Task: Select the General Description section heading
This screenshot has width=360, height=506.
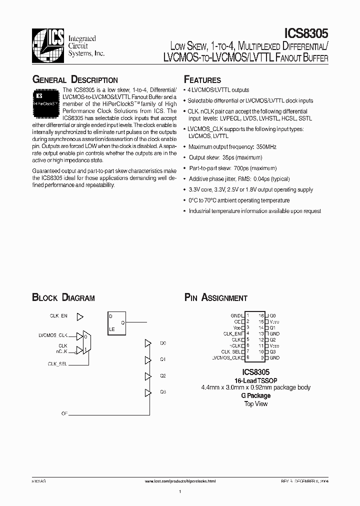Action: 75,80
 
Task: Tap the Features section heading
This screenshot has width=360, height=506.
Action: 202,80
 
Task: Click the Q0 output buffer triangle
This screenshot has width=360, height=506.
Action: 148,343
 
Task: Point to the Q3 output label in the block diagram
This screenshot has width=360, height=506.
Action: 163,392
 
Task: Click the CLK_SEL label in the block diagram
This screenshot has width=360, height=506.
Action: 57,363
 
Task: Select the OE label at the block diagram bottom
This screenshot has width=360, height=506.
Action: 64,413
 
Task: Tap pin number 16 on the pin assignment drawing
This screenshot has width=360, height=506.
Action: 261,316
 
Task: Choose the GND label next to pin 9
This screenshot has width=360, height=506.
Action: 274,358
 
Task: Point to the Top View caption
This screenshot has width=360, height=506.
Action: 255,403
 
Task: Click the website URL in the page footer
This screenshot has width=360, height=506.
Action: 180,481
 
